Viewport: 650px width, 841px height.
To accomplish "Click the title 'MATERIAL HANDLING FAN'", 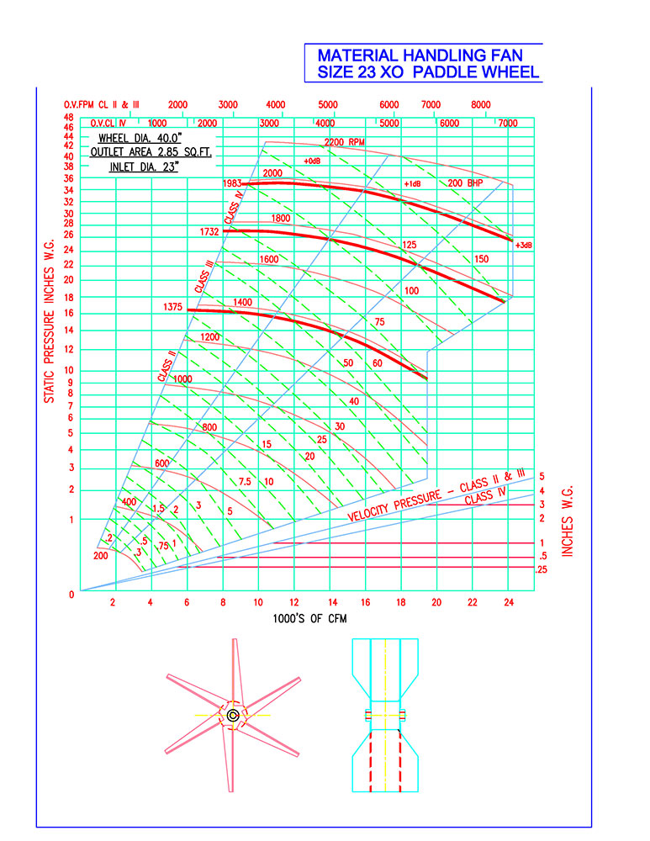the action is pos(420,56).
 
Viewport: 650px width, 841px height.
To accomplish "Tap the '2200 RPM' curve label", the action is pos(344,142).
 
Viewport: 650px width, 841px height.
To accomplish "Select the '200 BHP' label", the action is pos(465,182).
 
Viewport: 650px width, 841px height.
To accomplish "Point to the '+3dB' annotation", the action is pos(523,245).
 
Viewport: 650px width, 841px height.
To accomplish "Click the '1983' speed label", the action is pos(232,183).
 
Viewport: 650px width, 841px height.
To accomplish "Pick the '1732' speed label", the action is pos(209,232).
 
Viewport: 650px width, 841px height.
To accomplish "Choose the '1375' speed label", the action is pos(172,307).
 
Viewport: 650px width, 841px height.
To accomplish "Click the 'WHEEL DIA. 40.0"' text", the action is pos(140,139).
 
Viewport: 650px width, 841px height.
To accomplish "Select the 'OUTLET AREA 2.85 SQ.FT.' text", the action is pos(151,152).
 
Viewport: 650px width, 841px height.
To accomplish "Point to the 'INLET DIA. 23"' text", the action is pos(144,167).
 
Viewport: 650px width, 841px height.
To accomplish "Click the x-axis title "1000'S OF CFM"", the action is pos(310,618).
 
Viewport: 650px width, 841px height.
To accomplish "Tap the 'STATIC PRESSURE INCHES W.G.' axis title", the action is pos(50,320).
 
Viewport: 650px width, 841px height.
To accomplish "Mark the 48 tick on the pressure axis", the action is pos(69,118).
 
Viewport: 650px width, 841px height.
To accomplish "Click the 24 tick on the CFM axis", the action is pos(509,602).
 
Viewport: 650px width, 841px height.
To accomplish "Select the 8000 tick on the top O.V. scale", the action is pos(480,104).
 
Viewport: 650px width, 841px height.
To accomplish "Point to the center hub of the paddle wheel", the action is pos(233,715).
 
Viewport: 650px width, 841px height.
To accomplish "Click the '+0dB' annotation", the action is pos(312,161).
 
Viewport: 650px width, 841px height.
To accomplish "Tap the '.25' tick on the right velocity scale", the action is pos(542,569).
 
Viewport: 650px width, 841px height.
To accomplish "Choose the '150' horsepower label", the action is pos(482,259).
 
